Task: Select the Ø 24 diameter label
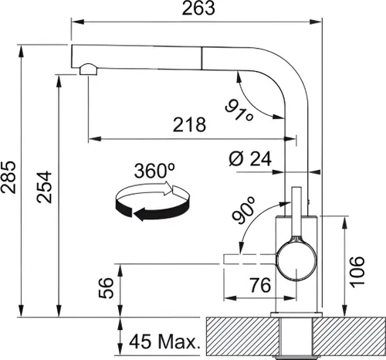point(252,160)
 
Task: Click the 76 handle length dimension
point(260,284)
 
